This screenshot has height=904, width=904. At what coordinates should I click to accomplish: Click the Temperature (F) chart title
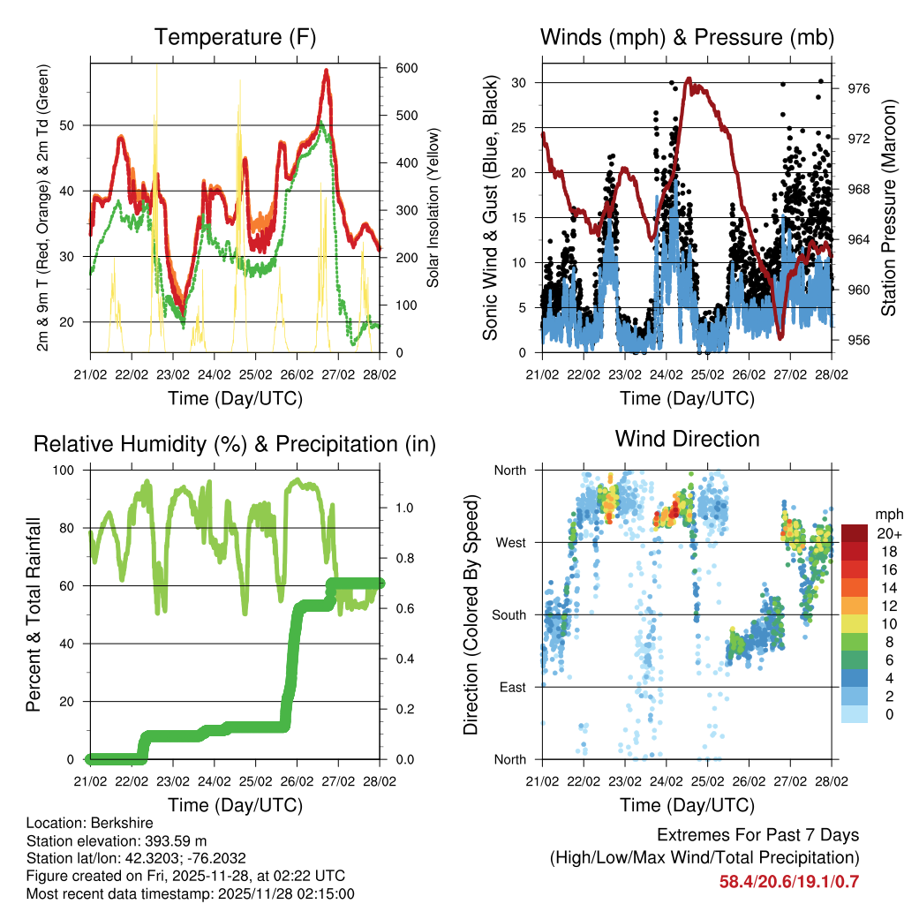[x=235, y=37]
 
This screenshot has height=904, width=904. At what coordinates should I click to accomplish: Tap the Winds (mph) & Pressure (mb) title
[x=687, y=37]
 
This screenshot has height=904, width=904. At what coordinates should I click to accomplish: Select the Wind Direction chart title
[x=687, y=439]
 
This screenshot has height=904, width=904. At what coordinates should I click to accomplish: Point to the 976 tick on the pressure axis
[x=859, y=88]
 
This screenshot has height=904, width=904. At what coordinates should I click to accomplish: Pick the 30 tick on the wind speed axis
[x=523, y=83]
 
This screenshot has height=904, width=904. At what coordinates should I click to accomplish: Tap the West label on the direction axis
[x=510, y=542]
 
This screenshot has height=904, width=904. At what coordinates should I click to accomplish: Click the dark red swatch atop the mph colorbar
[x=855, y=533]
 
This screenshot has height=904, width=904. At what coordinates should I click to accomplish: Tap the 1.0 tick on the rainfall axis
[x=404, y=508]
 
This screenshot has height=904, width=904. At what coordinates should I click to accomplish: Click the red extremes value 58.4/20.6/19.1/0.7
[x=789, y=882]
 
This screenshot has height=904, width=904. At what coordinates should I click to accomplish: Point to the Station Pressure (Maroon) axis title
[x=890, y=207]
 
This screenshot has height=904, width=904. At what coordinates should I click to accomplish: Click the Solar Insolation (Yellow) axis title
[x=433, y=207]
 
